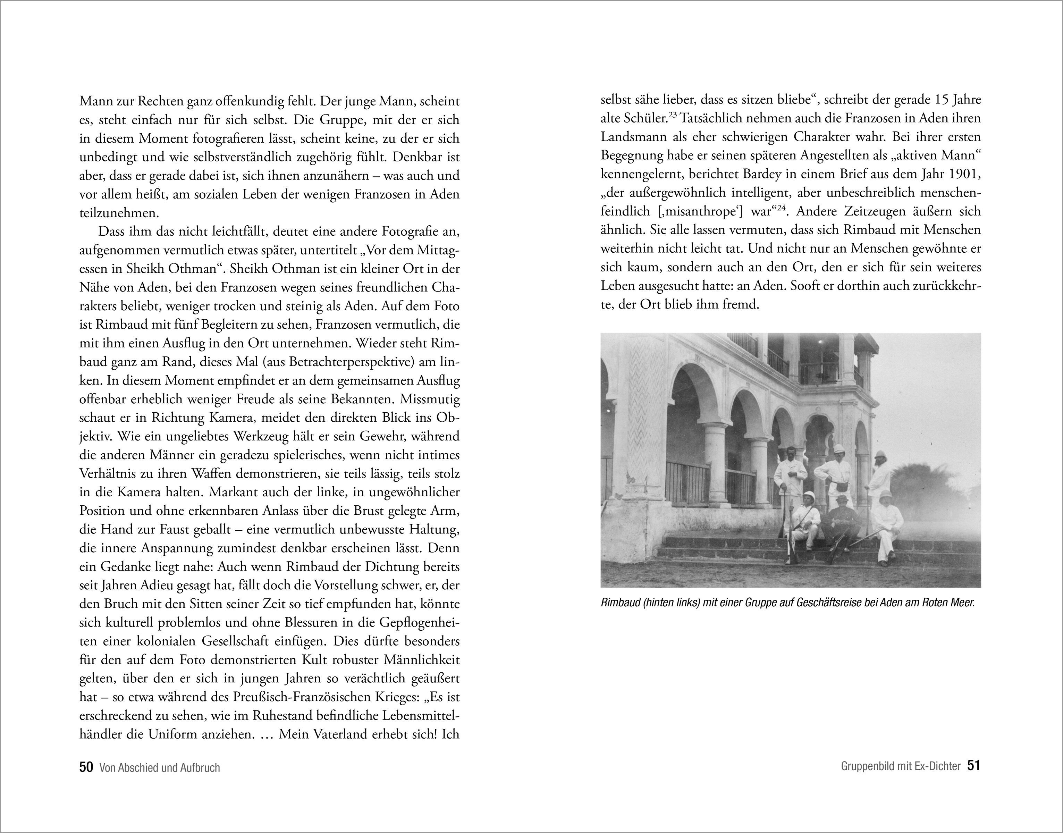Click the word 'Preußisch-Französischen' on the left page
pyautogui.click(x=308, y=697)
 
